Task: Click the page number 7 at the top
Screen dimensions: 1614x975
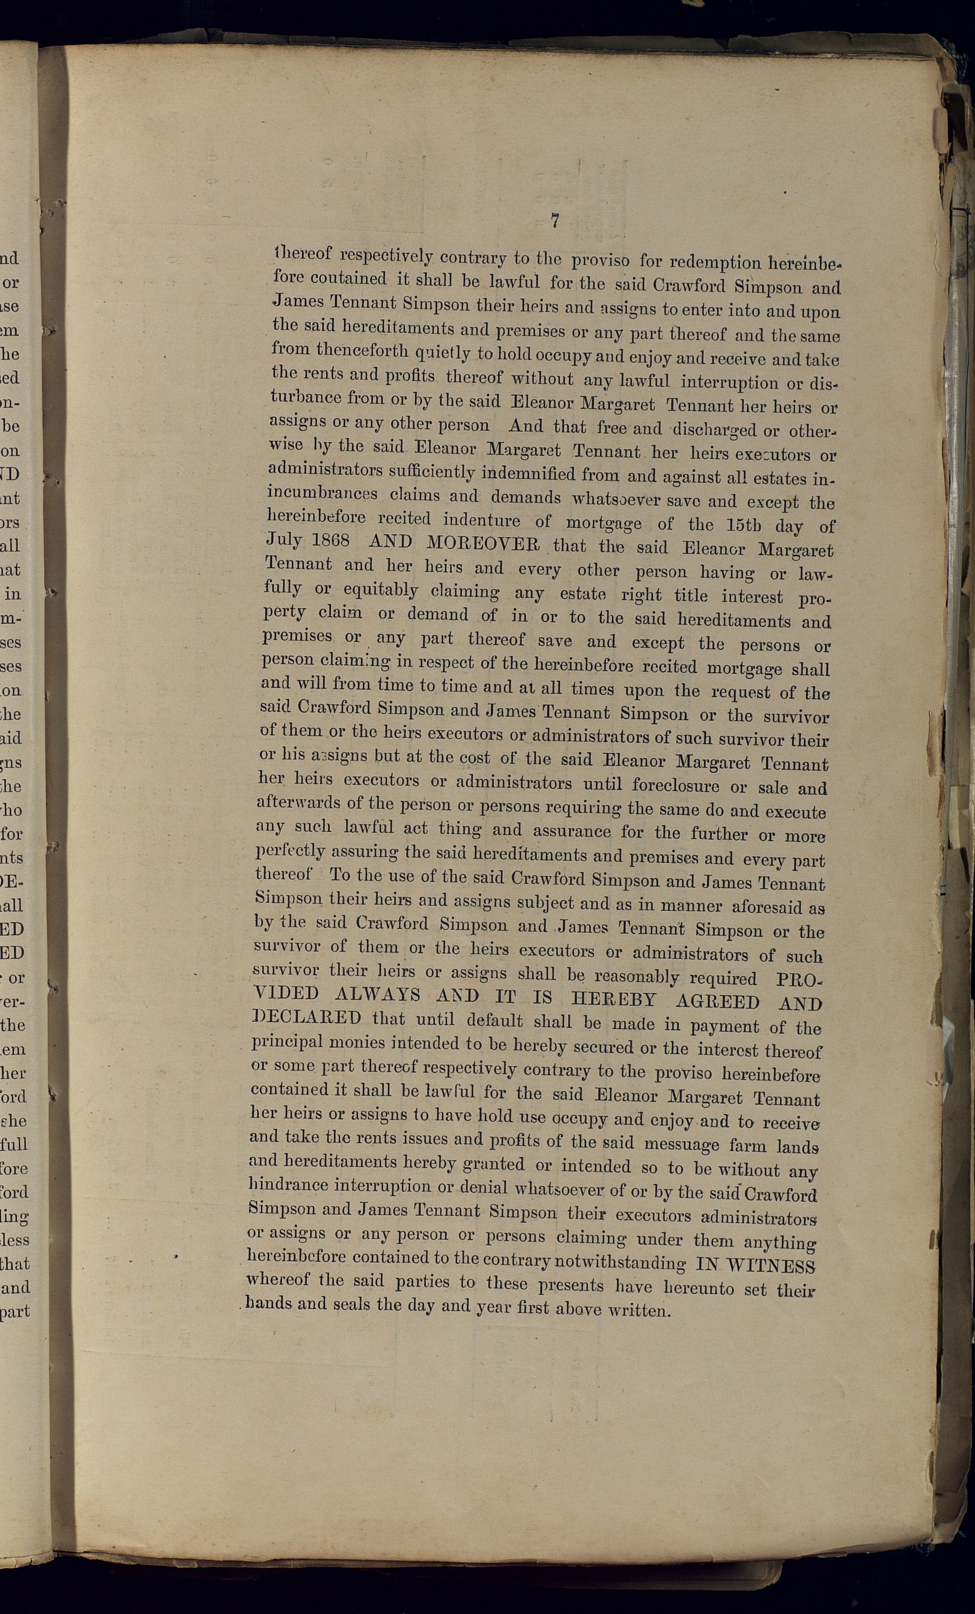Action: [x=555, y=221]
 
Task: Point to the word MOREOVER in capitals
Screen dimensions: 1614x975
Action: [x=483, y=544]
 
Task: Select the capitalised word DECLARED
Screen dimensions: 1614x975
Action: [x=307, y=1018]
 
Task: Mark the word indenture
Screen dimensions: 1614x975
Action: [x=481, y=520]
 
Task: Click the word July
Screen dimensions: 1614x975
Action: [x=284, y=540]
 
